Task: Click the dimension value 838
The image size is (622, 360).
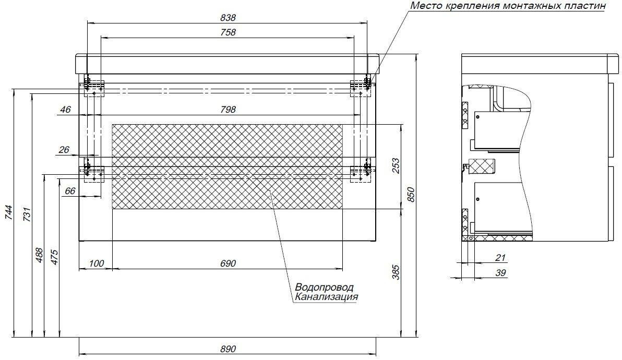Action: pyautogui.click(x=228, y=18)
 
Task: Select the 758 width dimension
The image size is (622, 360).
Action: pyautogui.click(x=228, y=32)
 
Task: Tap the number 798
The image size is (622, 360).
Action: pyautogui.click(x=228, y=110)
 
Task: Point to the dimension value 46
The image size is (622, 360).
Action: pyautogui.click(x=65, y=110)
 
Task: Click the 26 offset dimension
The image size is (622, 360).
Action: pyautogui.click(x=64, y=150)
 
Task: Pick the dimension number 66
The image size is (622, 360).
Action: pyautogui.click(x=69, y=191)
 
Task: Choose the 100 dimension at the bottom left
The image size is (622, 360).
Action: pyautogui.click(x=97, y=263)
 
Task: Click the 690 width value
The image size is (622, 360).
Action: pyautogui.click(x=228, y=263)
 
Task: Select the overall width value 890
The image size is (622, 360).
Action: pyautogui.click(x=228, y=349)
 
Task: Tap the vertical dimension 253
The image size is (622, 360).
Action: pyautogui.click(x=396, y=166)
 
